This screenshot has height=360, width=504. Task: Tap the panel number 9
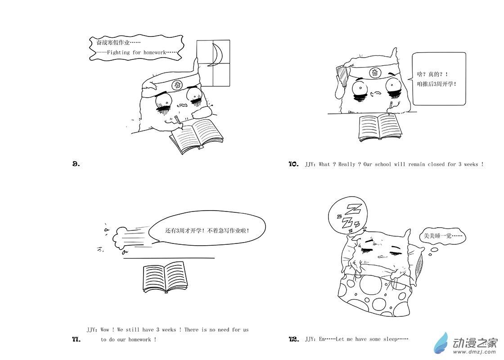pyautogui.click(x=76, y=164)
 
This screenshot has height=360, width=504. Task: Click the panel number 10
pyautogui.click(x=293, y=164)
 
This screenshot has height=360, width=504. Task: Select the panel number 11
pyautogui.click(x=76, y=339)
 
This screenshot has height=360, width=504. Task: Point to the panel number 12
pyautogui.click(x=294, y=339)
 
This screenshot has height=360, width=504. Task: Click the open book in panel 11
pyautogui.click(x=165, y=277)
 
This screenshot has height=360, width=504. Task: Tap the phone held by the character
pyautogui.click(x=342, y=76)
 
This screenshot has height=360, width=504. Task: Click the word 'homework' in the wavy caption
pyautogui.click(x=155, y=52)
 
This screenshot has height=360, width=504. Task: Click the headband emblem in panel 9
pyautogui.click(x=177, y=85)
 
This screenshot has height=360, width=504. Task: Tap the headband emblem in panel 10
pyautogui.click(x=375, y=72)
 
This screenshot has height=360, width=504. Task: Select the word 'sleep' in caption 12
pyautogui.click(x=390, y=339)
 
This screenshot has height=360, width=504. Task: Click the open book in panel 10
pyautogui.click(x=380, y=128)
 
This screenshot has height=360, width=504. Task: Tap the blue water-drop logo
pyautogui.click(x=441, y=344)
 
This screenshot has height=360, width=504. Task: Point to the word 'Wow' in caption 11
pyautogui.click(x=105, y=329)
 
